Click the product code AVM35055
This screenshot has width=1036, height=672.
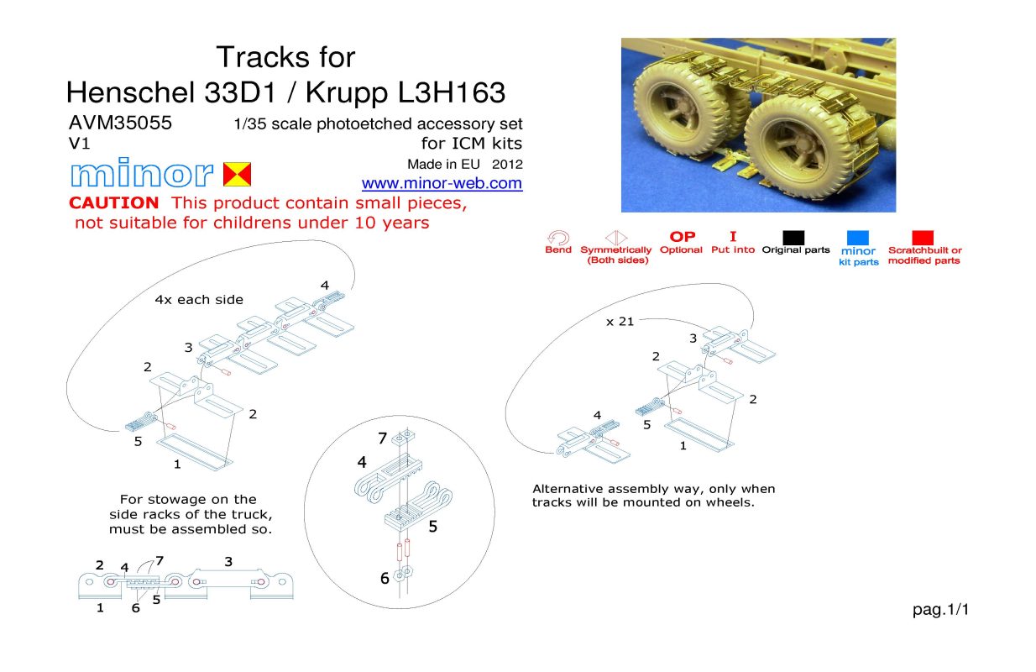click(120, 123)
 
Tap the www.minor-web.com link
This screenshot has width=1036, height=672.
click(442, 183)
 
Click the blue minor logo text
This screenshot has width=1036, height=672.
click(142, 172)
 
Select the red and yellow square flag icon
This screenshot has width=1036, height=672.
click(238, 174)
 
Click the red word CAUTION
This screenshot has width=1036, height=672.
click(114, 202)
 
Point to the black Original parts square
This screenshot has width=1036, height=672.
click(793, 238)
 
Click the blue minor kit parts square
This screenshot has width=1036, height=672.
click(858, 238)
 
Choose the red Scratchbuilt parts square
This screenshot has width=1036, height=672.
click(923, 238)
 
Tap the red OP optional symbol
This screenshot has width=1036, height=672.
click(683, 237)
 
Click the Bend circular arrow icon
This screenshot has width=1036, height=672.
click(558, 238)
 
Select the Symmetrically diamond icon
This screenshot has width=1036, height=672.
click(616, 238)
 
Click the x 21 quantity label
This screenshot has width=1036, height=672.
click(620, 322)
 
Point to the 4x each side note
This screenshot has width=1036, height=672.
click(199, 300)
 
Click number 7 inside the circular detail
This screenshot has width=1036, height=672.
click(382, 438)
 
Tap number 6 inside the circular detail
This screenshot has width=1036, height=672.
click(385, 579)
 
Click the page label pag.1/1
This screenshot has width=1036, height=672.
click(940, 610)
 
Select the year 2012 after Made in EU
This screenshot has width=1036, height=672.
click(507, 165)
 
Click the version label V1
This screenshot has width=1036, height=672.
click(79, 144)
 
